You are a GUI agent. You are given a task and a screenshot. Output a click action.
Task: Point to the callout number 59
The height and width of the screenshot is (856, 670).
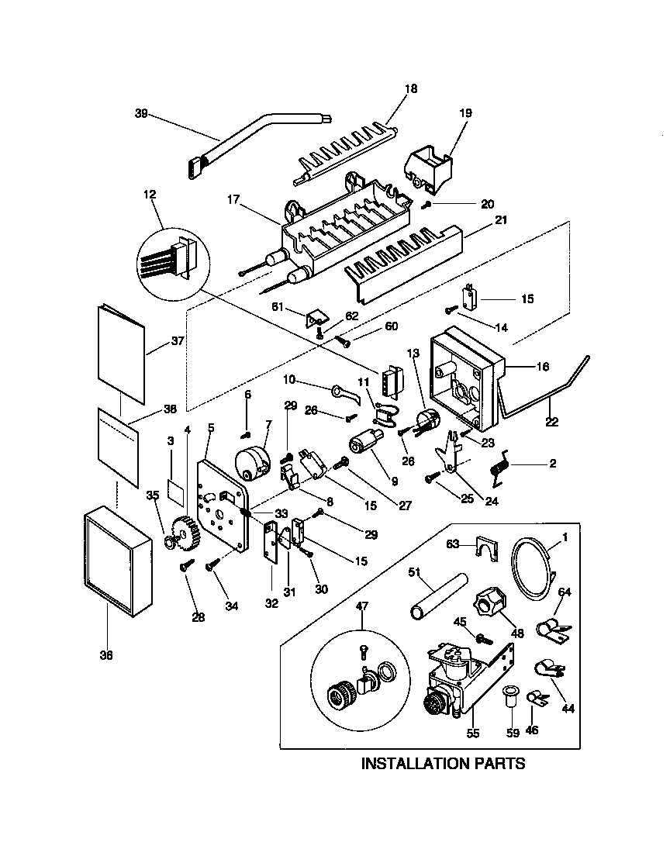(x=511, y=730)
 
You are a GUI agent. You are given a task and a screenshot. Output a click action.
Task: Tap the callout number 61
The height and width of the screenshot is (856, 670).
(x=299, y=307)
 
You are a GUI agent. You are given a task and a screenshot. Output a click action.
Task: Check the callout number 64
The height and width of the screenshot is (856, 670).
(x=565, y=592)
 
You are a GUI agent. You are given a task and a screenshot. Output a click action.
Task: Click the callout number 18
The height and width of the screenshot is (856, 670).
(x=410, y=88)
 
